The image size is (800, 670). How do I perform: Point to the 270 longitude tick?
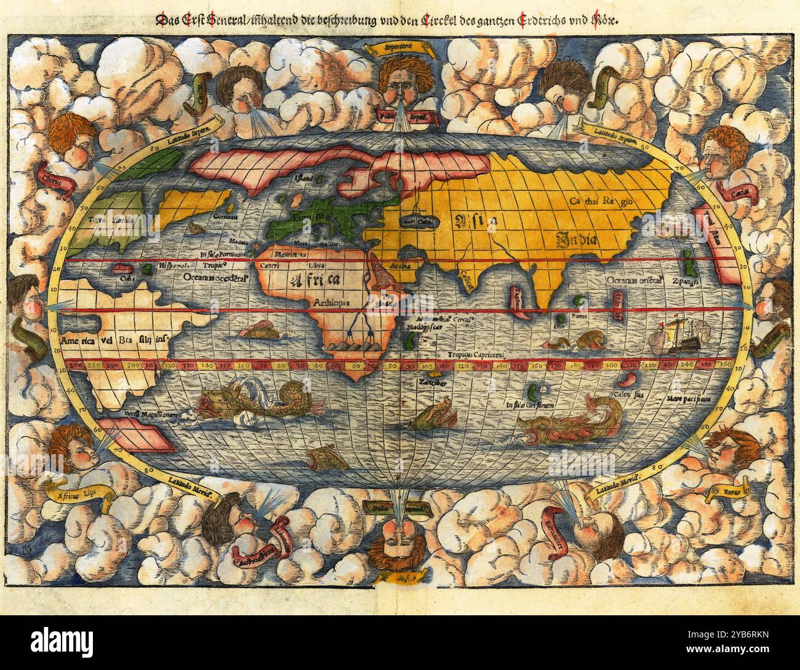coord(78,365)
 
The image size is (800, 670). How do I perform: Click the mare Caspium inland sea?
coord(415,221)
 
